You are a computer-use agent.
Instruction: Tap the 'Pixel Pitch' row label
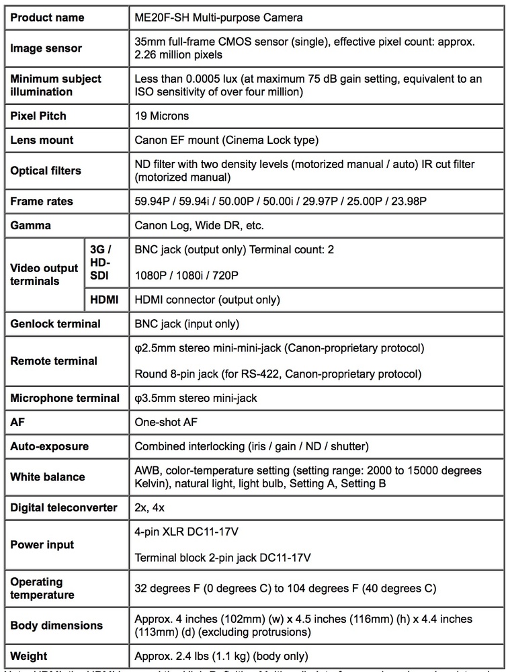coord(38,116)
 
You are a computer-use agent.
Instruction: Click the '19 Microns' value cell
coord(162,116)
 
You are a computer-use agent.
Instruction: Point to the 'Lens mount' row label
coord(42,140)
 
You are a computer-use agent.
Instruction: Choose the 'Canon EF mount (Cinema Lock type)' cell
coord(226,140)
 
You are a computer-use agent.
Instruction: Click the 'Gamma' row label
coord(30,225)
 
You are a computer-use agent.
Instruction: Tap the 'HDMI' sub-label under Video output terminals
coord(104,300)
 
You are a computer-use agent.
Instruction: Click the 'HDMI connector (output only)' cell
coord(207,300)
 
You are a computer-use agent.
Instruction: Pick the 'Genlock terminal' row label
coord(55,324)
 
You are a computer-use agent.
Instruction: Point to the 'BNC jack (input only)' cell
coord(187,324)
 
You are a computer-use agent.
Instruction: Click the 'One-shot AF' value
coord(166,422)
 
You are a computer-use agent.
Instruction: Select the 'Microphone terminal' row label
coord(65,398)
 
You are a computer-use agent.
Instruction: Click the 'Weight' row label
coord(29,656)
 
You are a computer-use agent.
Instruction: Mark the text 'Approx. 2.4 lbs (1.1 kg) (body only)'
coord(222,656)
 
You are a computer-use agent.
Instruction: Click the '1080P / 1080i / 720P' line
coord(186,276)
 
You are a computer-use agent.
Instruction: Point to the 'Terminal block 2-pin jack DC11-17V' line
coord(222,557)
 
